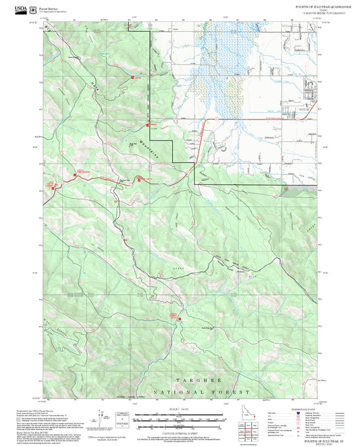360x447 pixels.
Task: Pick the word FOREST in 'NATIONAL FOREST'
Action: click(234, 392)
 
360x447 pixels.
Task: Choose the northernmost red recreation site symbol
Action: click(134, 78)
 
